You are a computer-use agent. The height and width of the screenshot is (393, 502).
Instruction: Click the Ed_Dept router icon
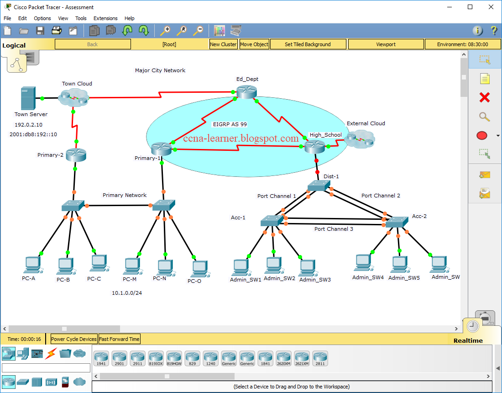pos(246,91)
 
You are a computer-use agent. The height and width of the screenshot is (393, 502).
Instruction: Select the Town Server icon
pos(27,98)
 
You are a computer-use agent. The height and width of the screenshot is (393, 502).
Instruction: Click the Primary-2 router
pos(76,154)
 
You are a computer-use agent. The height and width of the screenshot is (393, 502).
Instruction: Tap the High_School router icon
pos(314,147)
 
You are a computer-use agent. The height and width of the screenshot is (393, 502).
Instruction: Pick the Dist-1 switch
pos(318,186)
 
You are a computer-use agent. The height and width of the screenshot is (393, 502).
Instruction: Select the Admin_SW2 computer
pos(273,266)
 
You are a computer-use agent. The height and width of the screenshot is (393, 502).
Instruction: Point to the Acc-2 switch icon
pos(397,222)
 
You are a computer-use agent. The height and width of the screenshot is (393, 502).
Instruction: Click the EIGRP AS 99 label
pos(230,124)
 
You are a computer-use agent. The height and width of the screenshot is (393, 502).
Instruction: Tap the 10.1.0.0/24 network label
pos(127,293)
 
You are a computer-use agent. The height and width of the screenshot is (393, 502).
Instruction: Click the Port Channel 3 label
pos(334,229)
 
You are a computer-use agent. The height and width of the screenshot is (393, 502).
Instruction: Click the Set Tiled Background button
pos(308,44)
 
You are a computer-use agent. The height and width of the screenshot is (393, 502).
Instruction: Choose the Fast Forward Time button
pos(120,339)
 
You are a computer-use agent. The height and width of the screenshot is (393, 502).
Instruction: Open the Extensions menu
pos(105,18)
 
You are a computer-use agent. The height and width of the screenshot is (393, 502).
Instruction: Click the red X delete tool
pos(485,97)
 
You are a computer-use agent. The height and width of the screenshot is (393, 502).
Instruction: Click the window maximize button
pos(470,7)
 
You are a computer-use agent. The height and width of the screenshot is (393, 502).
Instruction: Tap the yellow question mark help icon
pos(494,31)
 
